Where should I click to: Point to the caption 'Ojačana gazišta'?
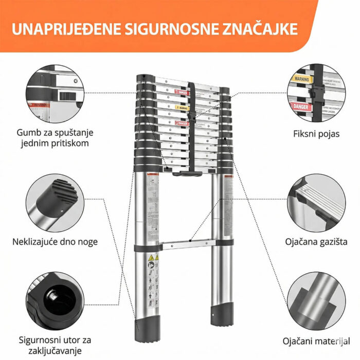pos(315,241)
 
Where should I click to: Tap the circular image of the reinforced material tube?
pos(314,300)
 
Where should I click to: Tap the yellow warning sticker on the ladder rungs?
pos(181,107)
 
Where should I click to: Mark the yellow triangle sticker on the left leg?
pos(151,257)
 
